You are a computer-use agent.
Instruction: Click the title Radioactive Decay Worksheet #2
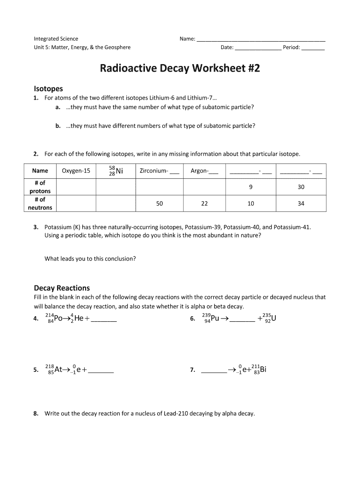coord(180,69)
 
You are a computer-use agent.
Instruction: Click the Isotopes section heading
coord(48,88)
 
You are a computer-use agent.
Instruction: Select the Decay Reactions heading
coord(62,288)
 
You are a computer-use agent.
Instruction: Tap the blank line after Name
coord(260,39)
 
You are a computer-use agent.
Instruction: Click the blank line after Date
coord(258,48)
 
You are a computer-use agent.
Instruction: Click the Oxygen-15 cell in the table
coord(76,171)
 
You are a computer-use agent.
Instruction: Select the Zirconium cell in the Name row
coord(159,171)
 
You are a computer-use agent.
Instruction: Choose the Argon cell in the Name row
coord(204,171)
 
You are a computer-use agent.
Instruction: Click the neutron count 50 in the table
coord(159,203)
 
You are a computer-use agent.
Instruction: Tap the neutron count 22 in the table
coord(204,203)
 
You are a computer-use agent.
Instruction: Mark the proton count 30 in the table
coord(301,187)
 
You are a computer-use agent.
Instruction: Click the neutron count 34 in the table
coord(301,203)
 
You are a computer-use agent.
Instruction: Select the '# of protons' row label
coord(40,187)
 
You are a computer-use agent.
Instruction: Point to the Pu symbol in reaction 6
coord(215,319)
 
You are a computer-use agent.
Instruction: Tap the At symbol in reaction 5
coord(58,370)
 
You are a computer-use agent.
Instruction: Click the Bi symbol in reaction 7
coord(263,370)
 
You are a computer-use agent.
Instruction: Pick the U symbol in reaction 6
coord(274,319)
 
